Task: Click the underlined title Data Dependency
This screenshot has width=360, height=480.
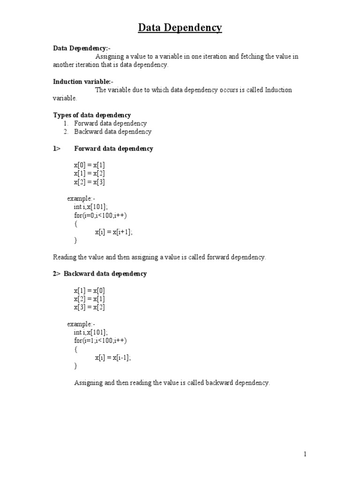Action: click(x=180, y=28)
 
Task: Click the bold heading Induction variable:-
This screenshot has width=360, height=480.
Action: click(x=83, y=82)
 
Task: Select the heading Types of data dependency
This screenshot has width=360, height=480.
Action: click(x=91, y=115)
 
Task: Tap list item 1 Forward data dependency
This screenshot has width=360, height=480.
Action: click(x=110, y=123)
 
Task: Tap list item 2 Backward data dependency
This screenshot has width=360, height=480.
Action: click(x=112, y=132)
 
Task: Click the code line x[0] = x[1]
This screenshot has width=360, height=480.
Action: click(x=92, y=165)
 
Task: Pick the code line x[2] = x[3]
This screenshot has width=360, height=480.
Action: click(x=92, y=182)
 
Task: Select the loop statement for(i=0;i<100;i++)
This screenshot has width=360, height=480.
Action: click(x=100, y=215)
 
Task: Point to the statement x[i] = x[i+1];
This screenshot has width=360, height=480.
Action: click(x=114, y=232)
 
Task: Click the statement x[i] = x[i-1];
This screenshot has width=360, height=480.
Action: click(x=113, y=357)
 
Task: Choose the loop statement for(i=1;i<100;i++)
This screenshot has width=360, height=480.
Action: click(x=100, y=340)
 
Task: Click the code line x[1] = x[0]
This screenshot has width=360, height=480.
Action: click(x=92, y=291)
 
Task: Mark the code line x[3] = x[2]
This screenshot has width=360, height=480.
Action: click(x=92, y=307)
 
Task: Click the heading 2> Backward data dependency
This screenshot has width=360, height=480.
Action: click(x=99, y=274)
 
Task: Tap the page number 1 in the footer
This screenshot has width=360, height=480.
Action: click(x=305, y=454)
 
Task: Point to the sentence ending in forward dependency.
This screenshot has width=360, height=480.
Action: click(x=159, y=257)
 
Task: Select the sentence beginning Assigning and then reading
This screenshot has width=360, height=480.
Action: click(x=172, y=382)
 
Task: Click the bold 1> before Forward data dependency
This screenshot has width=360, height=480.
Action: click(x=57, y=149)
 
